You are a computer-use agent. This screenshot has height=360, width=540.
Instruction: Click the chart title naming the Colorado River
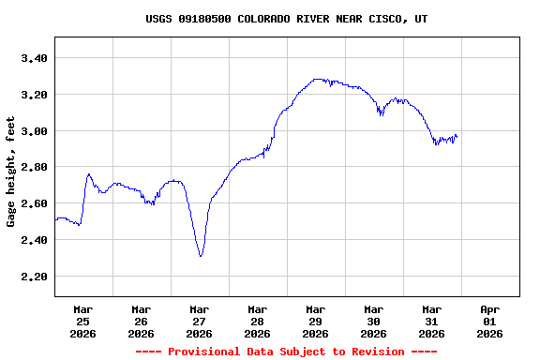[287, 19]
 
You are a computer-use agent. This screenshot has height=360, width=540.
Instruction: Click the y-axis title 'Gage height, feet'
[11, 172]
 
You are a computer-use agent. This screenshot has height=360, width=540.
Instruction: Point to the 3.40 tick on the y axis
[34, 58]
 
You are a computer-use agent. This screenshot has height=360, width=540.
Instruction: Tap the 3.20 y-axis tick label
[34, 95]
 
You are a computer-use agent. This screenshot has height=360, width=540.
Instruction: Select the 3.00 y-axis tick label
[34, 131]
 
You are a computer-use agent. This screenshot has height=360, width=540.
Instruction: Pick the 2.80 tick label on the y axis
[34, 167]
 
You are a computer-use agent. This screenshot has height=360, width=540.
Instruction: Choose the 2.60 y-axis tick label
[34, 203]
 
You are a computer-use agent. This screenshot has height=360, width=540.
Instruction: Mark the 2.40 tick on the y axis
[34, 240]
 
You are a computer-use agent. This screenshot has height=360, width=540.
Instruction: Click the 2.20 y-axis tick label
[34, 277]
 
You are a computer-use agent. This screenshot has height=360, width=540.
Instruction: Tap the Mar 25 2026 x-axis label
[83, 321]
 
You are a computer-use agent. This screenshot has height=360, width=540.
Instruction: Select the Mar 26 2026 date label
[142, 321]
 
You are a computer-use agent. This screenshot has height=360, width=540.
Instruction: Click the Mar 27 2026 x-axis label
[200, 321]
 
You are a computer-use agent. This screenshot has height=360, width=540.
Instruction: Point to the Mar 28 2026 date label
[258, 321]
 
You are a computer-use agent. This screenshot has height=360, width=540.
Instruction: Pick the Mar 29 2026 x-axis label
[316, 321]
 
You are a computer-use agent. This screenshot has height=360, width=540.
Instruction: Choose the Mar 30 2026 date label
[374, 321]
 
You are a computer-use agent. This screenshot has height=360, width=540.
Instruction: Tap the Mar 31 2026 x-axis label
[432, 321]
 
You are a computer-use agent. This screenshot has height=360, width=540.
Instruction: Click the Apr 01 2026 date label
[490, 321]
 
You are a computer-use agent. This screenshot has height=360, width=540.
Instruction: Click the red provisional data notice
[287, 352]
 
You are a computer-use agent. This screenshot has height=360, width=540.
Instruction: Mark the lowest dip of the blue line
[201, 256]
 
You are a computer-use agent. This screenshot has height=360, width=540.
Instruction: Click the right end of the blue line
[457, 137]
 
